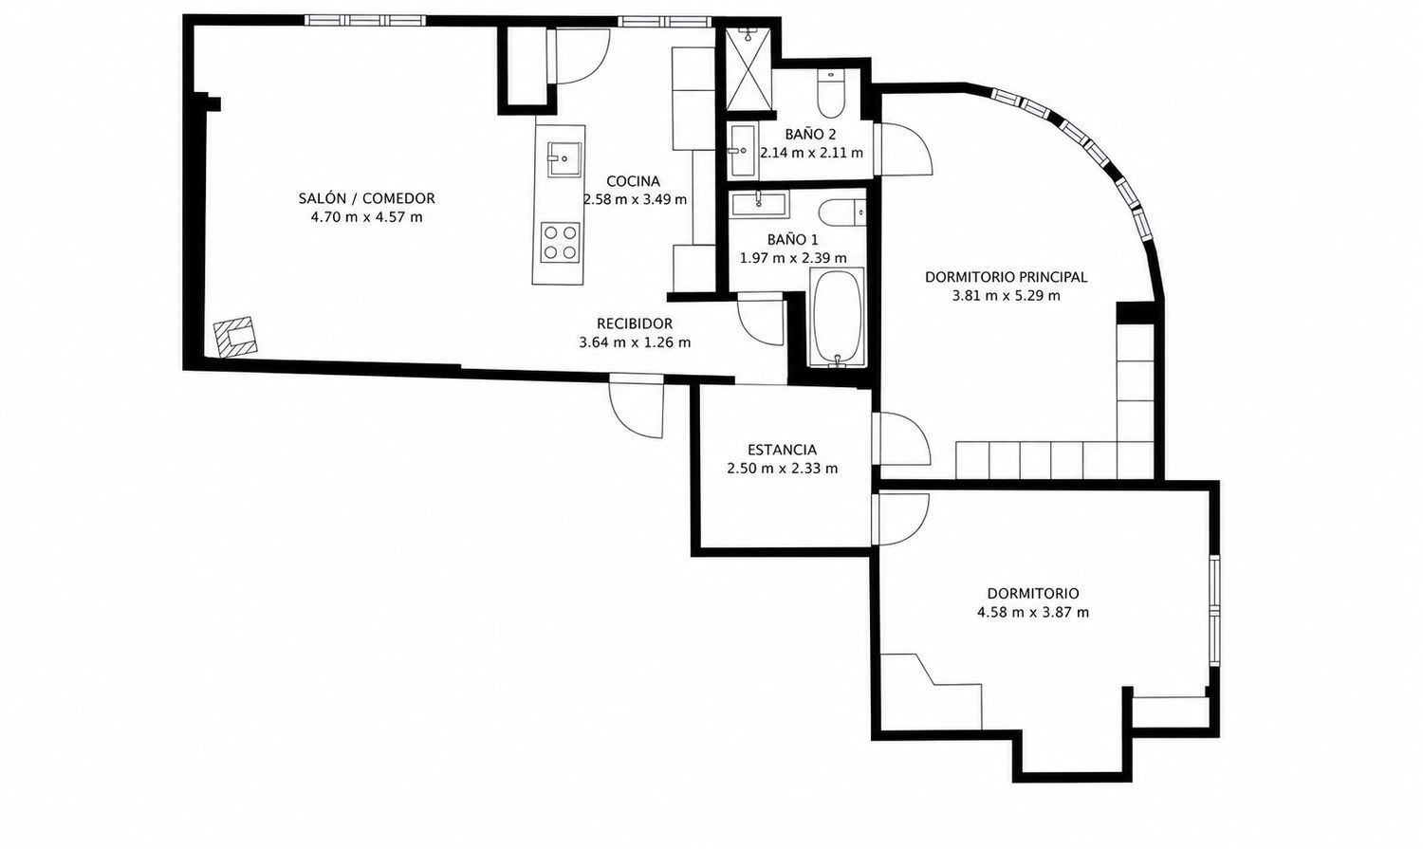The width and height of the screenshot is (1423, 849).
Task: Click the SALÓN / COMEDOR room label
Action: tap(366, 198)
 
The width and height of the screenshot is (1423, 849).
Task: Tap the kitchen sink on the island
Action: tap(564, 158)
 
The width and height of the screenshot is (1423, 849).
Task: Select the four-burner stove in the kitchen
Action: tap(561, 243)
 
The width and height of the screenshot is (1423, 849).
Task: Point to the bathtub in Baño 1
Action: tap(837, 317)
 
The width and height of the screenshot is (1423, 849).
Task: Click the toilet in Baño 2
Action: tap(830, 95)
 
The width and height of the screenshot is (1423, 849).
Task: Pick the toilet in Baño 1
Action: tap(842, 212)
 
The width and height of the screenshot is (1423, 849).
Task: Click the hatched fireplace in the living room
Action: tap(235, 336)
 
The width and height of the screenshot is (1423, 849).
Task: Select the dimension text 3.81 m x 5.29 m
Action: tap(1007, 296)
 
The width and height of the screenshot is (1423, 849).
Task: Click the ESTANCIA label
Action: tap(782, 451)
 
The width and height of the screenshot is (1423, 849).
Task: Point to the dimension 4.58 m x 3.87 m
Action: tap(1033, 613)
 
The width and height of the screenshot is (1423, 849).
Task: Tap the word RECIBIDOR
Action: tap(635, 323)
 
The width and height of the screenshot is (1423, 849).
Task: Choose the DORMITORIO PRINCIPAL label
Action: tap(1007, 277)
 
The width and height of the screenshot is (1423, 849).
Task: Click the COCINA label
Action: tap(633, 181)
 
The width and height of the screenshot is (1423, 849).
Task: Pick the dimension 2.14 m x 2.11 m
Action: tap(812, 153)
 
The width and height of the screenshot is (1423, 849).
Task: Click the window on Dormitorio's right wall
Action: tap(1214, 610)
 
